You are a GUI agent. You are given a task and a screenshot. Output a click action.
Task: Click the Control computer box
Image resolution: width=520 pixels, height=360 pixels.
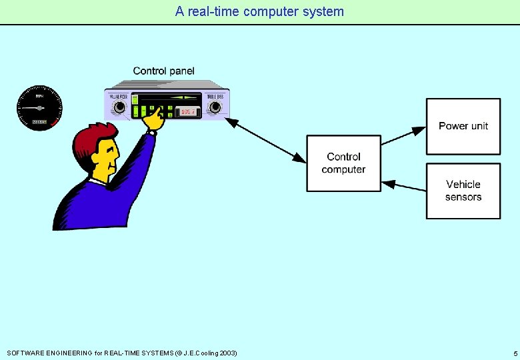(343, 163)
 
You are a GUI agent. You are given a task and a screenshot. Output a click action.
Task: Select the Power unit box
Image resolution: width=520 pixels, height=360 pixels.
(463, 126)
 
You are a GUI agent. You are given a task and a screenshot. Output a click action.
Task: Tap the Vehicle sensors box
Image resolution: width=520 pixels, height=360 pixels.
(463, 191)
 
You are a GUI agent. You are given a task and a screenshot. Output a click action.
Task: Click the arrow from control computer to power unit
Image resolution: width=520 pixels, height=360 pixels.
(403, 135)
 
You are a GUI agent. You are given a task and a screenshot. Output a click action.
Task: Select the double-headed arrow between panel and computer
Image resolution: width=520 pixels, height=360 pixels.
(267, 141)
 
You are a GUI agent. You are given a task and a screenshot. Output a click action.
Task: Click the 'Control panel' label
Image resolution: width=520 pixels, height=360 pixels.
(163, 71)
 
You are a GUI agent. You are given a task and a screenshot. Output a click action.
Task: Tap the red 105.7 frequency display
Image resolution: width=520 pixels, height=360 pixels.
(189, 112)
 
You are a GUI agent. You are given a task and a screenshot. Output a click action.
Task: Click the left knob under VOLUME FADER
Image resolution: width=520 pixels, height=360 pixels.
(121, 108)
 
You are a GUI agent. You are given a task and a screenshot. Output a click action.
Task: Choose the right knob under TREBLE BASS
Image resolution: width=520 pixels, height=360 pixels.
(215, 109)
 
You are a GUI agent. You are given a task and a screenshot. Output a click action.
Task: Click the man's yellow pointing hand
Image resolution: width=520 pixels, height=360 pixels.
(155, 120)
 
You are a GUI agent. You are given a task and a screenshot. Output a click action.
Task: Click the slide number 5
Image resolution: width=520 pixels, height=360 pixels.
(515, 353)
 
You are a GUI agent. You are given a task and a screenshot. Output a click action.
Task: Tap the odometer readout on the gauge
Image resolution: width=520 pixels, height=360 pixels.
(39, 122)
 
